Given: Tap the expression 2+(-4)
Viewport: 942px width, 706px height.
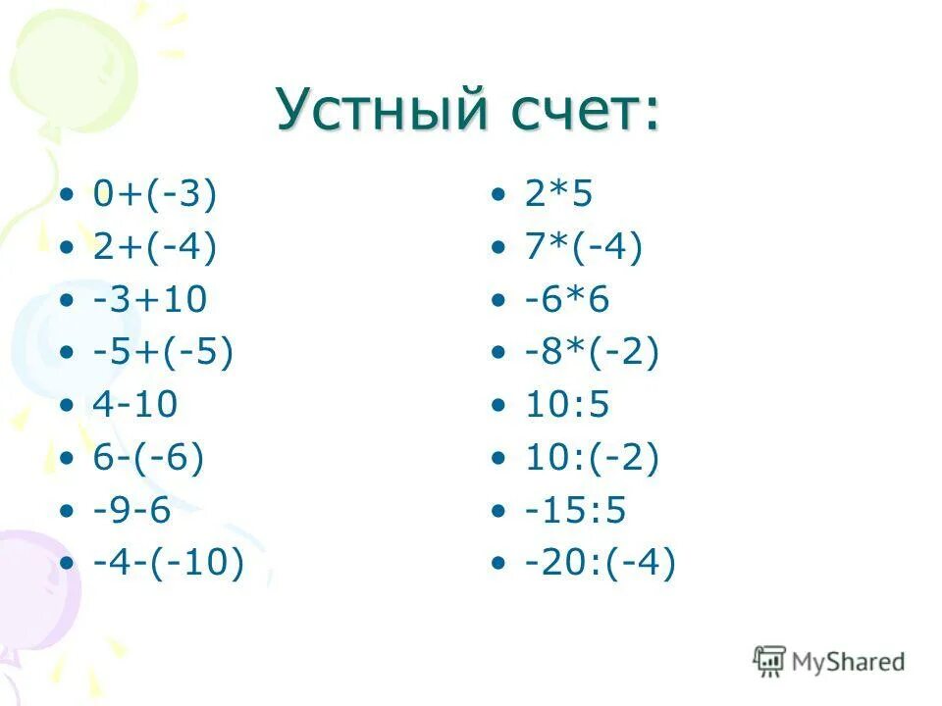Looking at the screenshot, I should [x=154, y=246].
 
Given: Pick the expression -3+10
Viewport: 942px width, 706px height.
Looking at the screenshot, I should [x=150, y=299].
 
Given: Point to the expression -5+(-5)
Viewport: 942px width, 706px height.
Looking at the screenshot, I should [x=163, y=351].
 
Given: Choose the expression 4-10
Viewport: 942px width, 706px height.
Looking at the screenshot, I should [x=135, y=404].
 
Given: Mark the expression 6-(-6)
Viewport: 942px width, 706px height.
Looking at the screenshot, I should [x=149, y=457].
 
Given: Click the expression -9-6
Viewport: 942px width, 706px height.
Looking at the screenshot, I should [x=131, y=510].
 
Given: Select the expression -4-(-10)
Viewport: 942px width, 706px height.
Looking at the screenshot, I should [x=168, y=563].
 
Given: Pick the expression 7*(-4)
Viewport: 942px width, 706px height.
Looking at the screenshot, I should [x=583, y=246].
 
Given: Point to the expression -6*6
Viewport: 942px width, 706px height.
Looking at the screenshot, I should [x=566, y=299].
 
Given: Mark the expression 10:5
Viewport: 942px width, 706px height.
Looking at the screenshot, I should [x=566, y=404].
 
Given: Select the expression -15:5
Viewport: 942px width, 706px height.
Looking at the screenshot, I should [x=575, y=510].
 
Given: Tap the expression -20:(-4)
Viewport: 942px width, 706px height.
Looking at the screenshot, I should [x=600, y=563].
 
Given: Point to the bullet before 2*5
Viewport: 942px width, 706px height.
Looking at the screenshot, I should [x=500, y=195].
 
